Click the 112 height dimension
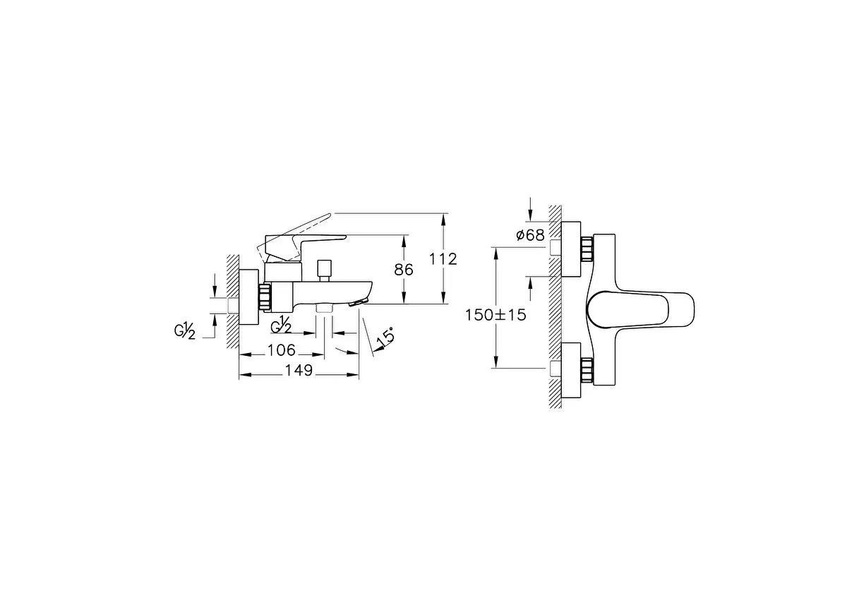[x=443, y=259]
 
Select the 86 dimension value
[x=404, y=269]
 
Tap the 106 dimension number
[x=282, y=350]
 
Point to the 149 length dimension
[x=299, y=371]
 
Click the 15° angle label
[x=385, y=337]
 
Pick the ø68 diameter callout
[x=530, y=235]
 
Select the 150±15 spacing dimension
[x=495, y=315]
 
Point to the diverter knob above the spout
[x=325, y=269]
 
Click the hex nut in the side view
[x=265, y=297]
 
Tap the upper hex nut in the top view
[x=587, y=249]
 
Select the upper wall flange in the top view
[x=571, y=249]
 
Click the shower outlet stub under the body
[x=325, y=308]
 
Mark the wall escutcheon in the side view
[x=249, y=297]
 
